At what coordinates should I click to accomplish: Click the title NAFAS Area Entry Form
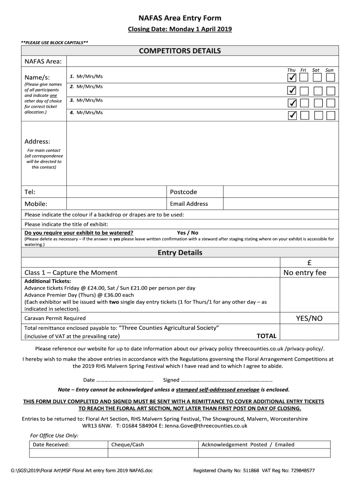tap(180, 18)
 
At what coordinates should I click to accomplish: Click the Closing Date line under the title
tap(180, 29)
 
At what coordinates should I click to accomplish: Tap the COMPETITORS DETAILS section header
tap(180, 51)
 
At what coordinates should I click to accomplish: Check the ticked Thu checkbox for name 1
tap(292, 77)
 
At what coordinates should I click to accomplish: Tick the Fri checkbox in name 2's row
tap(304, 90)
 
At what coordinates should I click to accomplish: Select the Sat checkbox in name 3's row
tap(317, 103)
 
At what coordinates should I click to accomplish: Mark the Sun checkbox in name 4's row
tap(331, 115)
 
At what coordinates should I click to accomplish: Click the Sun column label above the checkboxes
tap(330, 70)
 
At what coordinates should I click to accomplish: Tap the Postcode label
tap(183, 192)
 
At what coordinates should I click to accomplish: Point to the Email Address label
tap(189, 204)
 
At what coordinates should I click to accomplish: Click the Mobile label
tap(36, 204)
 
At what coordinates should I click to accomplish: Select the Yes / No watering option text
tap(187, 232)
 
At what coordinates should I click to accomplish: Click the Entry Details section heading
tap(180, 253)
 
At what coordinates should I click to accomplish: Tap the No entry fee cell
tap(305, 273)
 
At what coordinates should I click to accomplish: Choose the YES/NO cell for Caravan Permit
tap(309, 319)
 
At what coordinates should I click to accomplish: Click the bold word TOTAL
tap(266, 336)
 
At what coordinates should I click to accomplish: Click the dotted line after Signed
tap(226, 380)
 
